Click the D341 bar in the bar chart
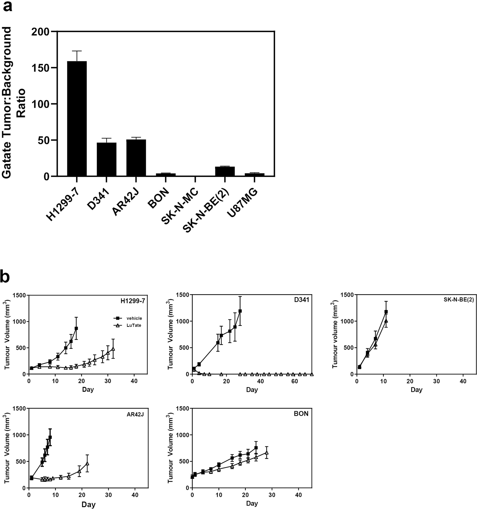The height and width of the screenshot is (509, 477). (x=106, y=159)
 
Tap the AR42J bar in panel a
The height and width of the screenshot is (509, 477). (x=136, y=158)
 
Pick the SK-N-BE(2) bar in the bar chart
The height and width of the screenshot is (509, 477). (x=225, y=171)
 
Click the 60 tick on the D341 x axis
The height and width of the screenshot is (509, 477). (x=294, y=381)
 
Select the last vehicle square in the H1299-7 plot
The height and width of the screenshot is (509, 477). (x=76, y=328)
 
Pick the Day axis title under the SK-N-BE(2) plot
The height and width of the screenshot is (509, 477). (x=416, y=390)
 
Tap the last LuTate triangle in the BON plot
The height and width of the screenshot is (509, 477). (x=267, y=453)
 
